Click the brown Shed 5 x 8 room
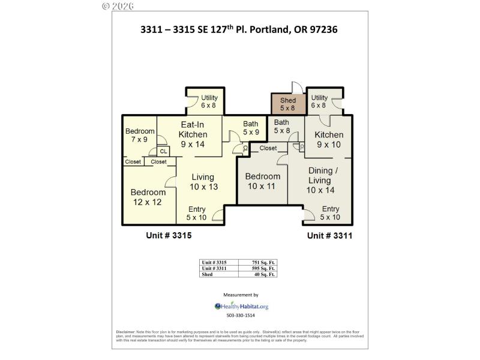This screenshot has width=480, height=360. (x=288, y=104)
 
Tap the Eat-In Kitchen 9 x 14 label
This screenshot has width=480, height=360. (x=193, y=134)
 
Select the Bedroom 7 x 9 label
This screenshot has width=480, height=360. (x=140, y=136)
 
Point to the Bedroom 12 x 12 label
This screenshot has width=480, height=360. (x=148, y=197)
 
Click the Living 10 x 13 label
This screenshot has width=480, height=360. (x=203, y=182)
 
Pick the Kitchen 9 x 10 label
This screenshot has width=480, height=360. (x=329, y=139)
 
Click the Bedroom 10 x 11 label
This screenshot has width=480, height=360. (x=263, y=181)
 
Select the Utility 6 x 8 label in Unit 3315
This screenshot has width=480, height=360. (x=209, y=101)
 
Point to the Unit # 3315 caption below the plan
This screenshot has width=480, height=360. (x=169, y=236)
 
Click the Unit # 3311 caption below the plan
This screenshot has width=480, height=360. (x=329, y=236)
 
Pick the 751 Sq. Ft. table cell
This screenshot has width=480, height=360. (x=264, y=263)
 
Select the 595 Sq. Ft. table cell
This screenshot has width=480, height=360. (x=264, y=268)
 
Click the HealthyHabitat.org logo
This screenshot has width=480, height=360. (x=241, y=306)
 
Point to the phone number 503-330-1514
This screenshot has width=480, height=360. (x=241, y=316)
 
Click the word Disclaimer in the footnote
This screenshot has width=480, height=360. (x=125, y=332)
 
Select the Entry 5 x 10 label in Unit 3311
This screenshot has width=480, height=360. (x=330, y=213)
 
